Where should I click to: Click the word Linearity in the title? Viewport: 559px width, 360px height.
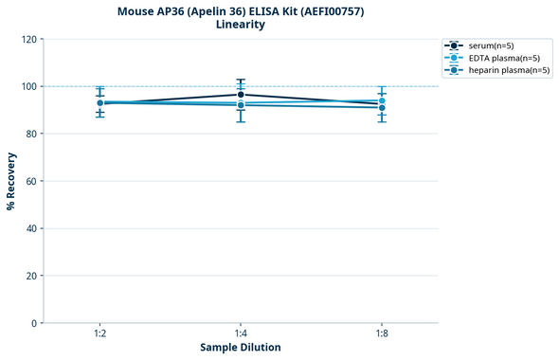click(x=240, y=25)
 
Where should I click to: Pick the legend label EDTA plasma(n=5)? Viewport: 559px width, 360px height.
click(x=503, y=58)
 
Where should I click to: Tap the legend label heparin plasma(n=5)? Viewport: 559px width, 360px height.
click(x=509, y=70)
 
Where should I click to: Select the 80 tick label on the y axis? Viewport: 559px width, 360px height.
click(x=31, y=134)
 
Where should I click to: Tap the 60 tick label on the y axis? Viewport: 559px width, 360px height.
click(x=31, y=181)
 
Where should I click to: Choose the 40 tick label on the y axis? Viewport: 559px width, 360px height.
click(x=31, y=228)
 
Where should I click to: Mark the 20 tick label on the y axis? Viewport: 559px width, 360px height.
click(x=31, y=276)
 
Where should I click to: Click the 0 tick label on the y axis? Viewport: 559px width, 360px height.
click(x=34, y=323)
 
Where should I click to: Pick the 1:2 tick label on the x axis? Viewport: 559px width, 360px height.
click(x=99, y=333)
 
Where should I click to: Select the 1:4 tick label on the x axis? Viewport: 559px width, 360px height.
click(x=241, y=333)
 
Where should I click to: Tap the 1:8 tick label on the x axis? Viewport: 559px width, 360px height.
click(x=382, y=333)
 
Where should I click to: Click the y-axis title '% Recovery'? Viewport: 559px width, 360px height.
click(x=11, y=181)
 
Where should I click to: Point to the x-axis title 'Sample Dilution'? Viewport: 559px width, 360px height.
click(x=241, y=348)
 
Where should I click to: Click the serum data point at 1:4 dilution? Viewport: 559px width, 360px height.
click(x=241, y=95)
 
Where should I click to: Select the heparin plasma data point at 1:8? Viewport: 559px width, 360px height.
click(x=382, y=108)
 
